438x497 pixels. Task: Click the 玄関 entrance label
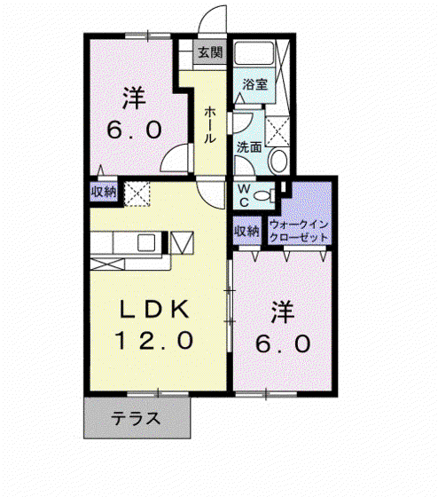[x=210, y=52]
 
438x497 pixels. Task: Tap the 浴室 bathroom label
[x=255, y=84]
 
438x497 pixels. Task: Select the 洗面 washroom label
[x=249, y=146]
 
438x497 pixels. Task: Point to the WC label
[x=244, y=196]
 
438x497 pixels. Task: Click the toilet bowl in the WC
[x=262, y=195]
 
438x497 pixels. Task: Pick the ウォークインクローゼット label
[x=299, y=231]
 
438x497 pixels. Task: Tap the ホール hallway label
[x=210, y=125]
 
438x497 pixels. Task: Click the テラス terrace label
[x=137, y=418]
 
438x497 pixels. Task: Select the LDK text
[x=154, y=309]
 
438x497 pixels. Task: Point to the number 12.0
[x=154, y=340]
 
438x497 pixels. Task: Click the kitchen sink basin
[x=146, y=243]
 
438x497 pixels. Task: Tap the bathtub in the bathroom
[x=254, y=53]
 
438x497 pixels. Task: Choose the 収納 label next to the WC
[x=246, y=231]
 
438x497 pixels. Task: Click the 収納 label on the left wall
[x=104, y=192]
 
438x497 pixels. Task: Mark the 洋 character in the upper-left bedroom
[x=133, y=99]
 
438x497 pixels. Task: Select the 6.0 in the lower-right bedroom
[x=283, y=344]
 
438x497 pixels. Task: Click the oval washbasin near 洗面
[x=278, y=161]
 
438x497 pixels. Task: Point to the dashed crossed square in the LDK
[x=137, y=193]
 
